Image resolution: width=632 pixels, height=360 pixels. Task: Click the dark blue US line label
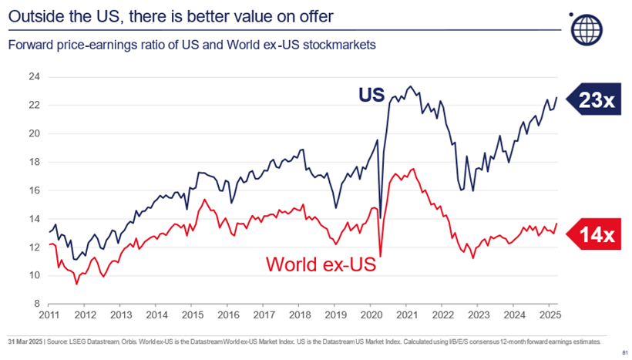(370, 95)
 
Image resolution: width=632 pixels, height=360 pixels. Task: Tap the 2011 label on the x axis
(49, 315)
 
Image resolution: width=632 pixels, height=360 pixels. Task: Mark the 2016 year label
(227, 315)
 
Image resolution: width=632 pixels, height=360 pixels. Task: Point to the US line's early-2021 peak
(409, 86)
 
